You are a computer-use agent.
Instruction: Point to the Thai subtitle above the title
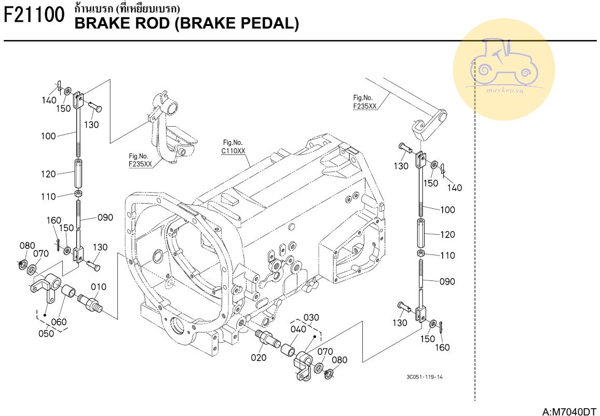coord(128,8)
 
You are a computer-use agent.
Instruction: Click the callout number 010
coord(99,287)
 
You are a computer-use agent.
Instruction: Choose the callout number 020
coord(259,357)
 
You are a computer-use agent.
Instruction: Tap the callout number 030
coord(311,317)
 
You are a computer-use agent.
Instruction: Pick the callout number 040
coord(298,329)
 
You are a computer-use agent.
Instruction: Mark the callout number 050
coord(46,333)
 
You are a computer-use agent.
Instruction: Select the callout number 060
coord(59,322)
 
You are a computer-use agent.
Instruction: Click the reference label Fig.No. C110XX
coord(233,147)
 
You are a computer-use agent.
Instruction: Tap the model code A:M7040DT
coord(569,412)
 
